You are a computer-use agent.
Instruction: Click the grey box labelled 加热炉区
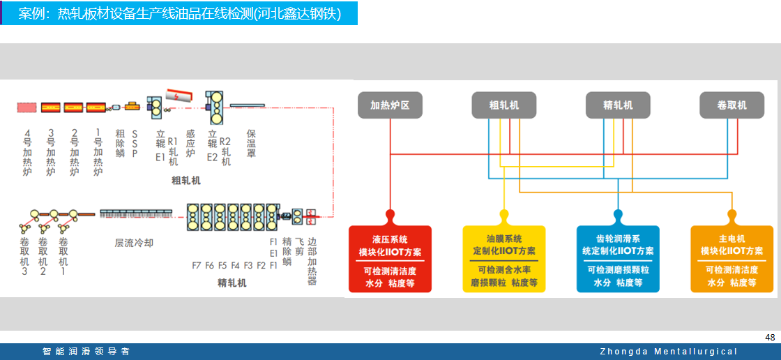390,105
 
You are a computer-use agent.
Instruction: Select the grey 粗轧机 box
504,105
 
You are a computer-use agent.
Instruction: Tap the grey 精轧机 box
618,105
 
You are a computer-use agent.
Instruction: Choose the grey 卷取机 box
731,105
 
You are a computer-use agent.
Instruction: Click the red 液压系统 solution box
390,258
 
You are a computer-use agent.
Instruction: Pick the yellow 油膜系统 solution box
504,258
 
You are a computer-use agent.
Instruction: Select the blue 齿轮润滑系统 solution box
618,258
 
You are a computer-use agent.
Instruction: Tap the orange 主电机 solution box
731,258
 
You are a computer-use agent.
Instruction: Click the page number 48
770,337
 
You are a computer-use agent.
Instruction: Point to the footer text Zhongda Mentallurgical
668,351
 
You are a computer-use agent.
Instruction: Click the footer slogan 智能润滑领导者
86,351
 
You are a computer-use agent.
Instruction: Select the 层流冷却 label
134,243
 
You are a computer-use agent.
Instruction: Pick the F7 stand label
197,265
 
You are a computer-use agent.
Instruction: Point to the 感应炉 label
190,142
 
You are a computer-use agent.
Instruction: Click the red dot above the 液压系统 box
390,213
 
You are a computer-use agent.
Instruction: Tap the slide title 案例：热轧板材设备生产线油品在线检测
180,13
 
